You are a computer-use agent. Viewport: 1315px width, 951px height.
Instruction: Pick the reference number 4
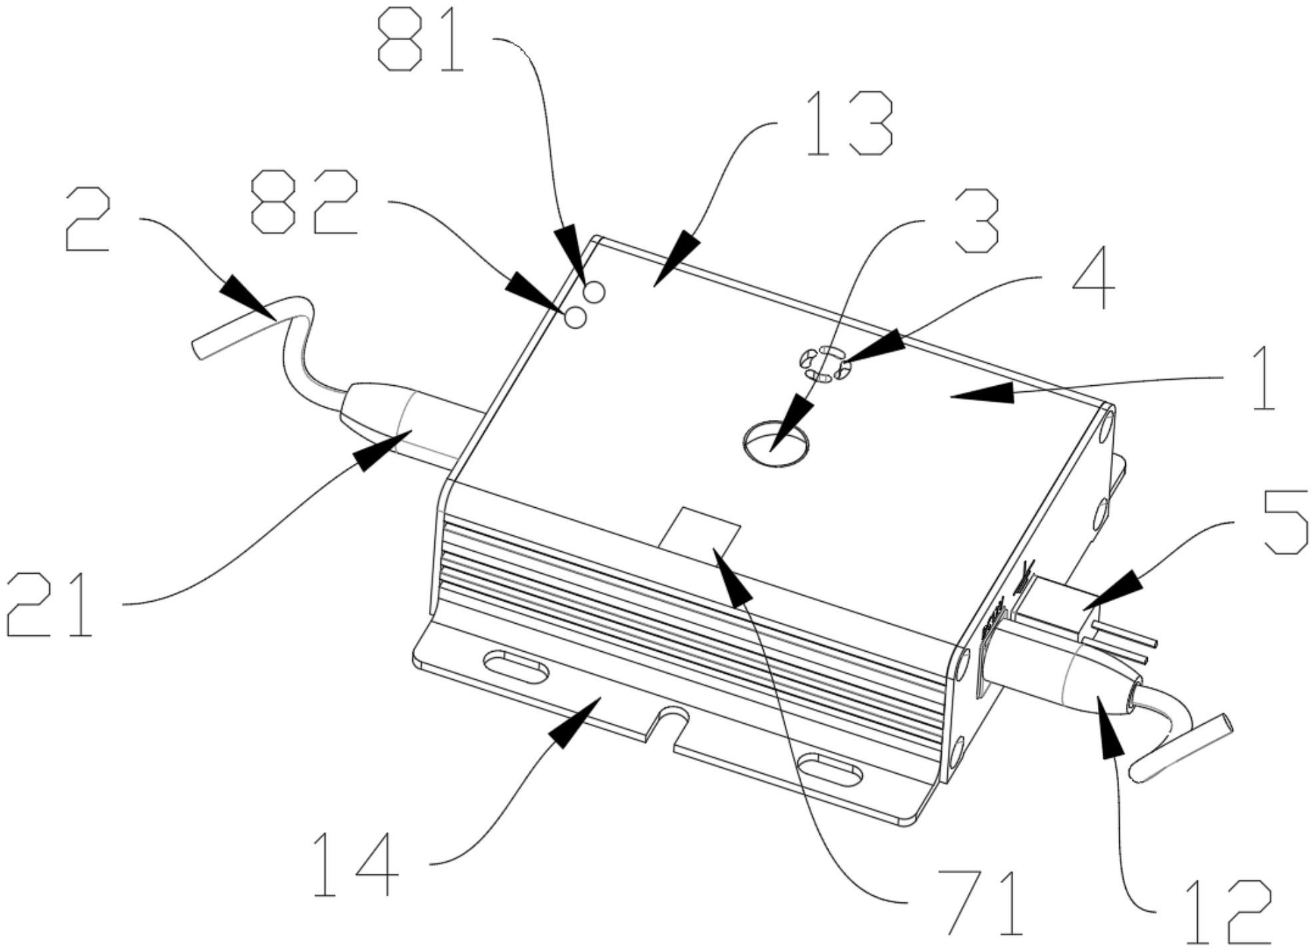[x=1093, y=278]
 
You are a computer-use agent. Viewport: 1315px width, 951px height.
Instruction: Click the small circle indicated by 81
[x=594, y=291]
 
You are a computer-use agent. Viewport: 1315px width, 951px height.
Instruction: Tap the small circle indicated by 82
[x=576, y=319]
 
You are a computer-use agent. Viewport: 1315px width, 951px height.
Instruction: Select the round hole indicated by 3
[x=775, y=443]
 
